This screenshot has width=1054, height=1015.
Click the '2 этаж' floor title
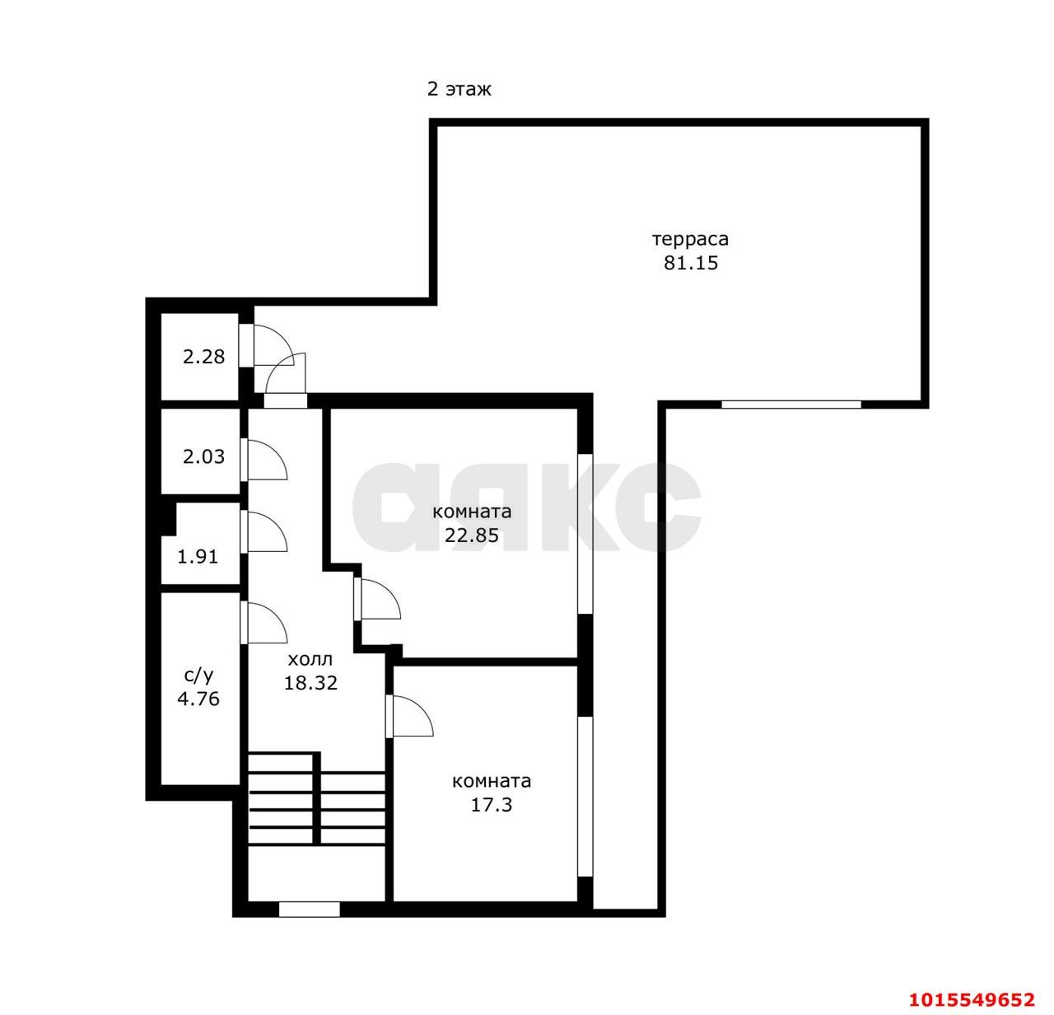(x=459, y=89)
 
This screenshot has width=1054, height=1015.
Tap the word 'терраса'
(x=691, y=239)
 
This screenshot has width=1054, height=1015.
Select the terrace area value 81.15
(x=691, y=263)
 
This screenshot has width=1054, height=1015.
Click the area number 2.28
(x=203, y=357)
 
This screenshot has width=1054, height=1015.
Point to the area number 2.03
(x=203, y=456)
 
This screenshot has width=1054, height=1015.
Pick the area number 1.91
(x=198, y=557)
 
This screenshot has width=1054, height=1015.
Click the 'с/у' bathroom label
(x=198, y=676)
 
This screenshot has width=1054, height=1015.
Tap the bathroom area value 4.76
(x=198, y=699)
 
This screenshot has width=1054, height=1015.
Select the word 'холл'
(x=310, y=660)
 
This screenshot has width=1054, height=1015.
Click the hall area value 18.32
(x=311, y=683)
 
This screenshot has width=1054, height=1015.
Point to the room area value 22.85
(x=472, y=536)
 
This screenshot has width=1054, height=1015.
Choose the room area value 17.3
(x=492, y=805)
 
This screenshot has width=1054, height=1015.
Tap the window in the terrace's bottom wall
(x=791, y=405)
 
